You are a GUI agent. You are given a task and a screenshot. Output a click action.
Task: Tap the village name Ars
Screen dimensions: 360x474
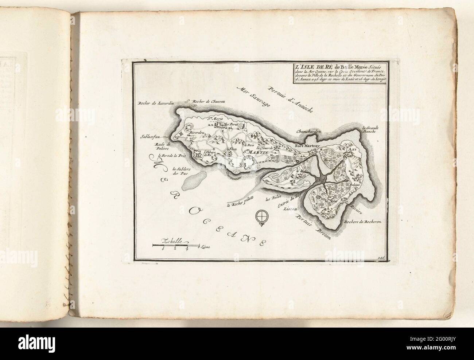[351, 150]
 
